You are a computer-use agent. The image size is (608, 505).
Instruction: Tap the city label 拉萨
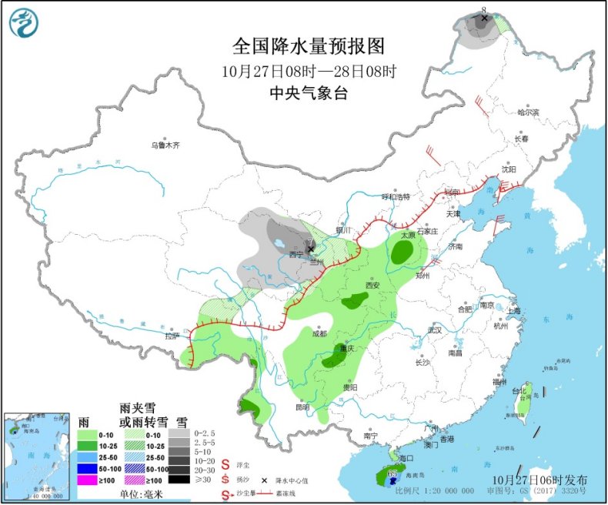coord(172,336)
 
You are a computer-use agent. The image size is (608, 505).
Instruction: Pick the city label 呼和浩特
coord(397,196)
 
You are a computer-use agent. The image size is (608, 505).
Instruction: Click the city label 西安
coord(373,285)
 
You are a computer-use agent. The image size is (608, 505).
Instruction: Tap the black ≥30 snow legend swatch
coord(182,479)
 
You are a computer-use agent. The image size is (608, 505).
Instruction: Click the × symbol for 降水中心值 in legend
coord(266,479)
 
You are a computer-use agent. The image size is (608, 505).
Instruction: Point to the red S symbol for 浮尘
coord(226,465)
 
